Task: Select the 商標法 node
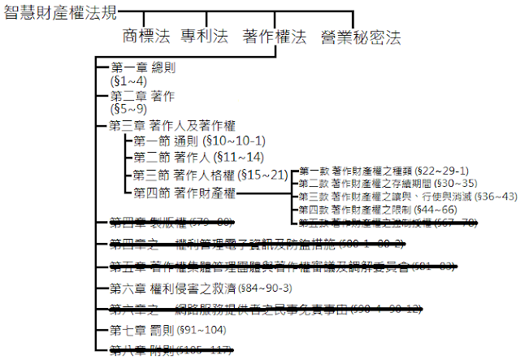145,37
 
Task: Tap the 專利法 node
204,37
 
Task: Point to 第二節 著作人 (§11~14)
198,157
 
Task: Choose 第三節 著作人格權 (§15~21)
210,175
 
